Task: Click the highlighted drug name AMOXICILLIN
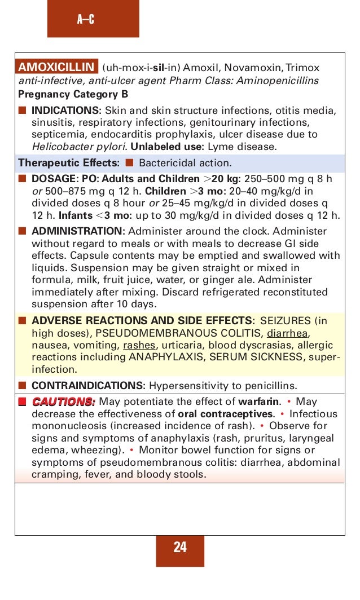pos(56,68)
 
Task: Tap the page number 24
pos(180,547)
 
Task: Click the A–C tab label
pos(86,20)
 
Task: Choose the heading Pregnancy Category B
pos(73,94)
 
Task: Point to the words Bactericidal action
pos(185,164)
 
